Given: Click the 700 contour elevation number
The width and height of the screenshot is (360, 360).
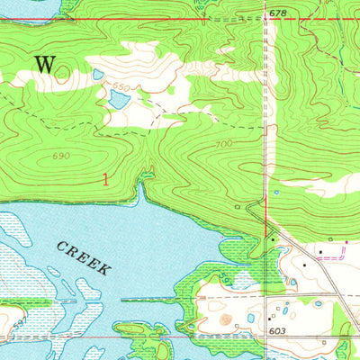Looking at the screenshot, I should tap(224, 144).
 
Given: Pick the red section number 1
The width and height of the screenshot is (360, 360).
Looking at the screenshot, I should tap(106, 180).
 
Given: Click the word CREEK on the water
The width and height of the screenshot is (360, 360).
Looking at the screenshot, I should tap(83, 257).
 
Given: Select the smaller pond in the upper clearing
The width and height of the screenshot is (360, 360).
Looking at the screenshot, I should tap(97, 75).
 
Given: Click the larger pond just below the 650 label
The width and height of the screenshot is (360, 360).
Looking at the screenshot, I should tap(117, 99).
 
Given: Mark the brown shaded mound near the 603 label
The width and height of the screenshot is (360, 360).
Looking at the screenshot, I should tap(223, 319).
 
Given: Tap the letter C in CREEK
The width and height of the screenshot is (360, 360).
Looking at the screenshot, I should tap(61, 245).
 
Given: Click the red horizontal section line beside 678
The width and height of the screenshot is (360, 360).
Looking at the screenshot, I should tap(180, 20).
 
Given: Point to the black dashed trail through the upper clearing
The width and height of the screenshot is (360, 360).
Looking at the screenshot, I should tap(180, 114).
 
